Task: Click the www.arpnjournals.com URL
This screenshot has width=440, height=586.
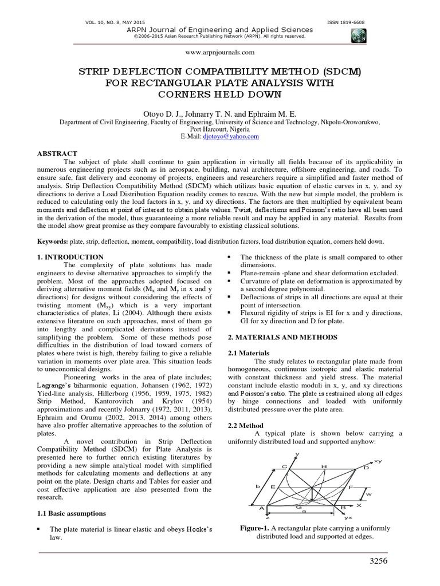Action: [x=220, y=52]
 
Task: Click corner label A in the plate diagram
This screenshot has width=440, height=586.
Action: [x=262, y=508]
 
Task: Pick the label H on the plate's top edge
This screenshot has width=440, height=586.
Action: [x=324, y=467]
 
